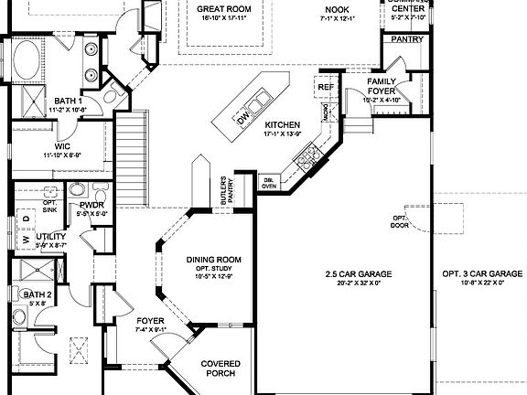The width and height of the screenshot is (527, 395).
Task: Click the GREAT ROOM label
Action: point(225,9)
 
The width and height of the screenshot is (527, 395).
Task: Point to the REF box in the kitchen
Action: point(327,87)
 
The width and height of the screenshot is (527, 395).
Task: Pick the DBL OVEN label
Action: point(269,182)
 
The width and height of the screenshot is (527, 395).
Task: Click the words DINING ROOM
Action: point(211,260)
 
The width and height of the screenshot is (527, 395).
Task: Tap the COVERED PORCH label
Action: point(220,368)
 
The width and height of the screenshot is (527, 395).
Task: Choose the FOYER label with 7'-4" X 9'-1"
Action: point(150,321)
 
